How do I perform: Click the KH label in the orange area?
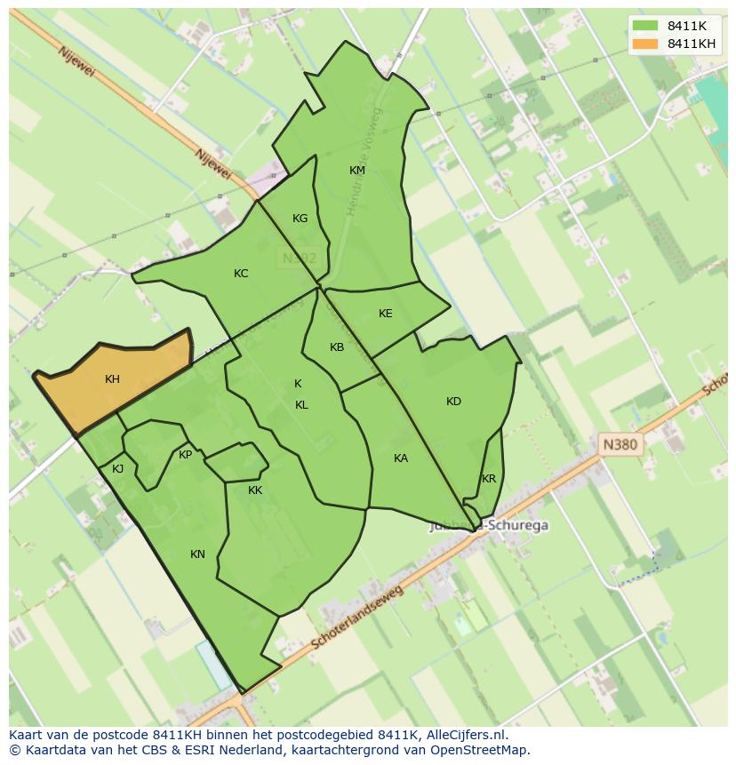[x=112, y=379]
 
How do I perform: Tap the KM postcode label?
[x=356, y=171]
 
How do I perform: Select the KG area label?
[x=300, y=219]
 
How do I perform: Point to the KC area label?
[x=241, y=274]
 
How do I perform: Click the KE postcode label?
[x=385, y=314]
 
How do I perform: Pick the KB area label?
[x=337, y=347]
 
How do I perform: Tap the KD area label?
[x=453, y=402]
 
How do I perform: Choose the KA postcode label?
[x=401, y=458]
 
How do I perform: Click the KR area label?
[x=489, y=479]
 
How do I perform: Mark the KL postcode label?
[x=301, y=405]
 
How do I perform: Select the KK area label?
[x=255, y=490]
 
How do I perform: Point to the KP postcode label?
[x=185, y=455]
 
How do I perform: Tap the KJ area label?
[x=117, y=469]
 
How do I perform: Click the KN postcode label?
[x=197, y=554]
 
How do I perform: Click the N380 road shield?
[x=620, y=444]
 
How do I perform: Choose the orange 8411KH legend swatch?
[x=645, y=44]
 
